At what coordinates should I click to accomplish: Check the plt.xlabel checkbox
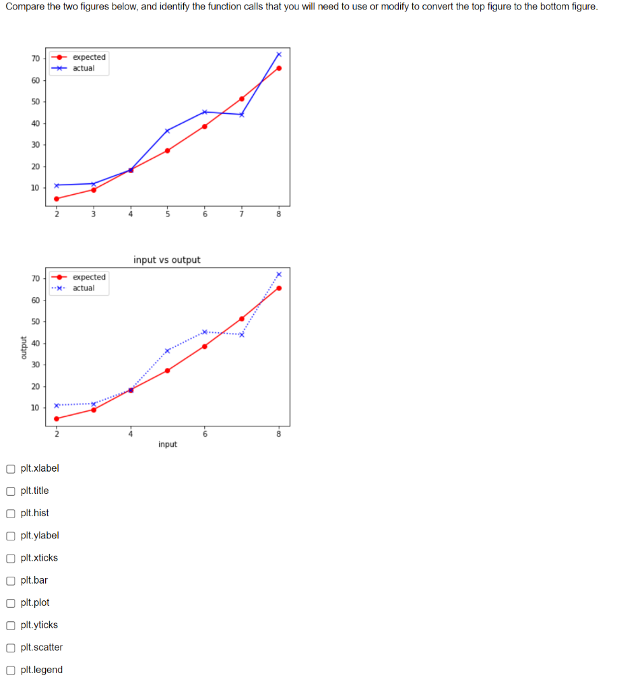[11, 468]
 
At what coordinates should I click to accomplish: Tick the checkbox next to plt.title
[11, 491]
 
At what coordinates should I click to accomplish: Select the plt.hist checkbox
[11, 513]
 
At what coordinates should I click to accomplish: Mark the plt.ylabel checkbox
[11, 536]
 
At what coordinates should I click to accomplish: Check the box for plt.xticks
[11, 558]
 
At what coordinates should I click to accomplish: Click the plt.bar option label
[34, 580]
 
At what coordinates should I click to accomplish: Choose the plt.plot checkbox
[11, 602]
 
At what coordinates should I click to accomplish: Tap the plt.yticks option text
[39, 625]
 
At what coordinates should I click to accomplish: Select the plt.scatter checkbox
[11, 648]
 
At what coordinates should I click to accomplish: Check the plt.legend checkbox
[11, 670]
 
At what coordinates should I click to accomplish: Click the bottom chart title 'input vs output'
[166, 259]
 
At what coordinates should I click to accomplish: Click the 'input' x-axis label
[168, 444]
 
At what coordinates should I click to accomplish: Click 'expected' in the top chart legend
[89, 57]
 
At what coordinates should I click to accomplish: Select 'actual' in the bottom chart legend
[84, 288]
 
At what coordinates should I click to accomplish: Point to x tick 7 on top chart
[241, 214]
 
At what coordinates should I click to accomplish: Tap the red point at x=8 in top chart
[279, 68]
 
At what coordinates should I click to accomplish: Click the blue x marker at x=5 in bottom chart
[167, 350]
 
